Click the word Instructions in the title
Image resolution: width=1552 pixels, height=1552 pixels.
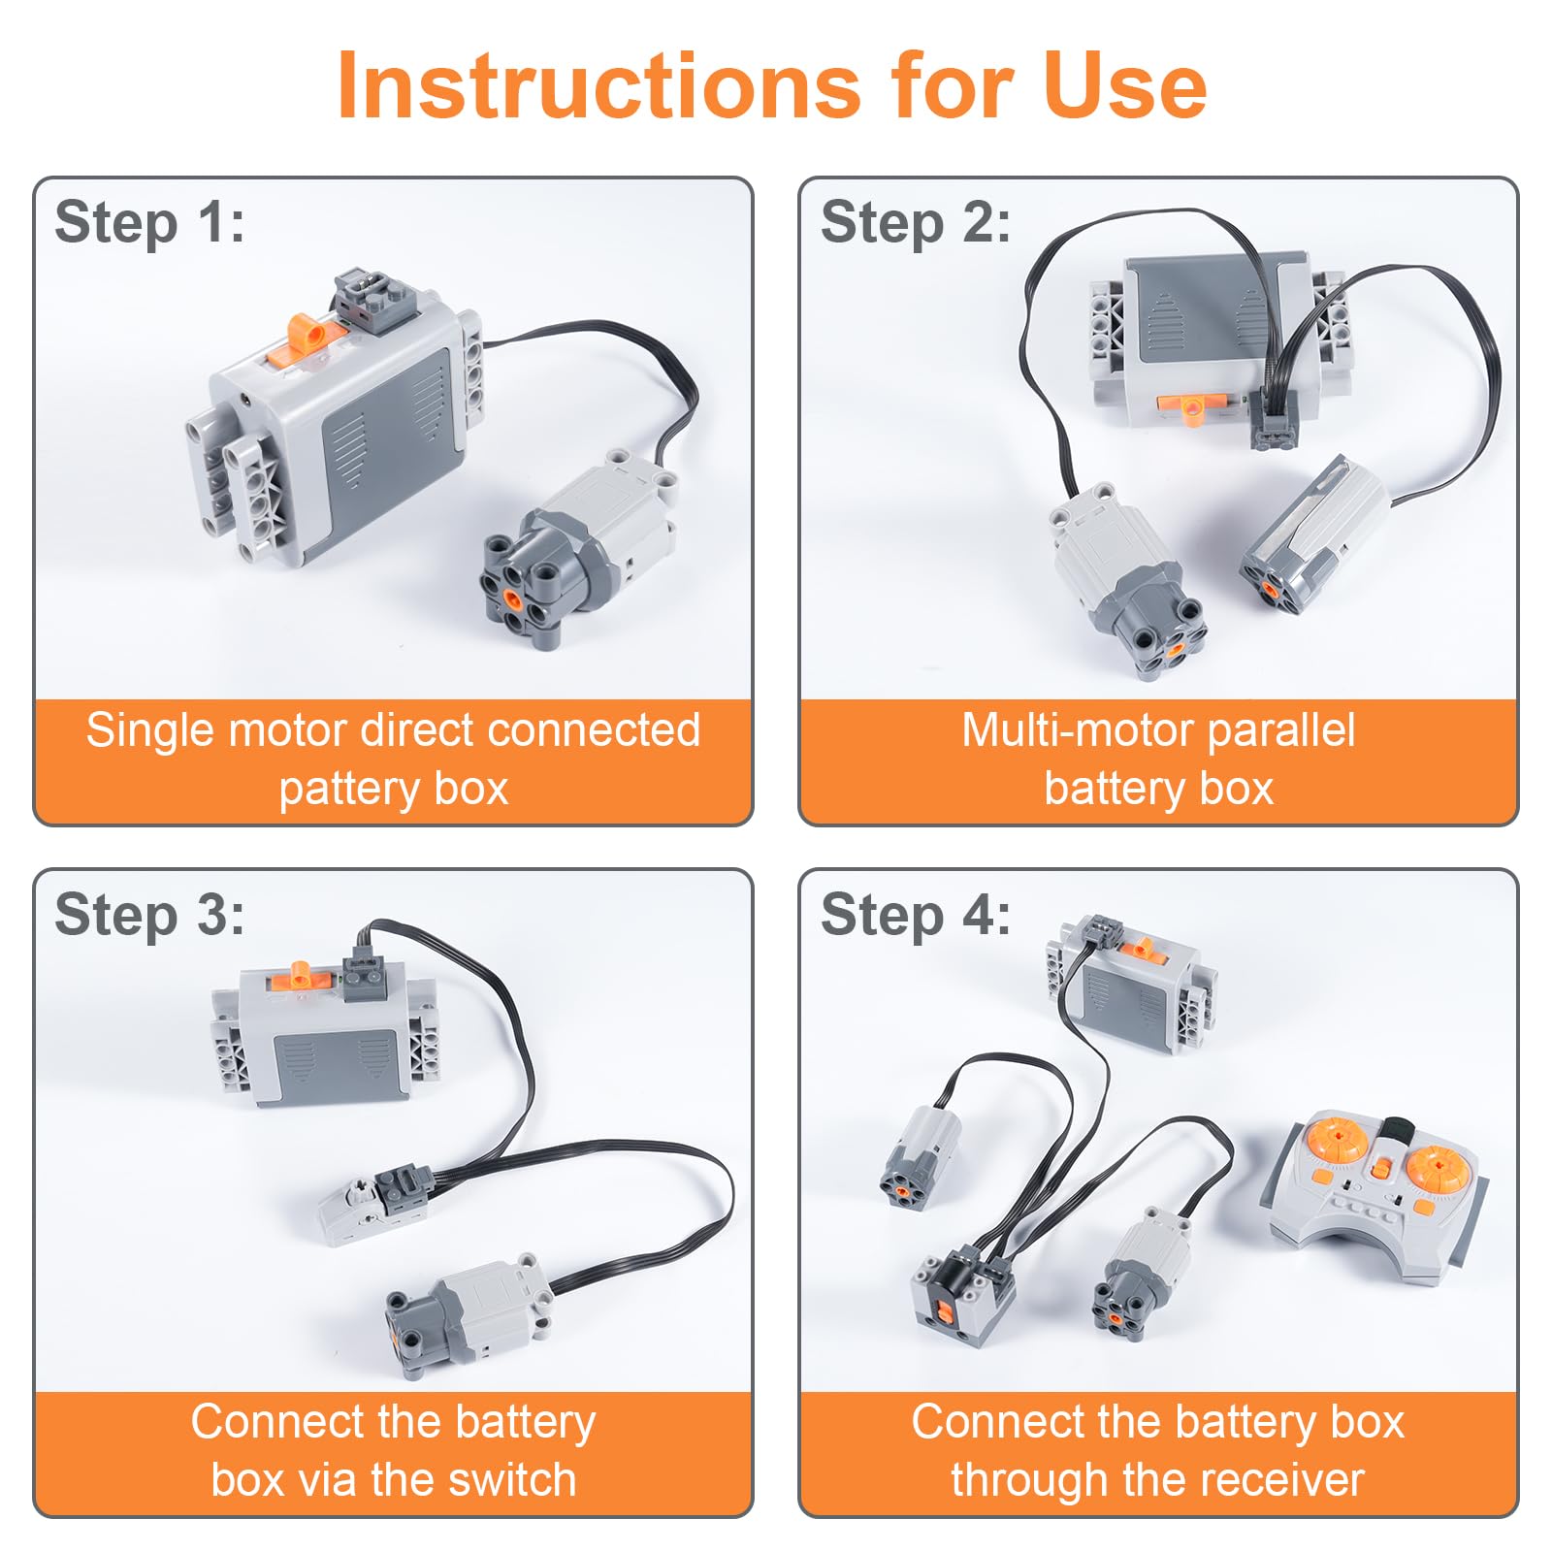click(x=598, y=85)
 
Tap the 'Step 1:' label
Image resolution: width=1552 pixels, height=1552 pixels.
click(x=149, y=222)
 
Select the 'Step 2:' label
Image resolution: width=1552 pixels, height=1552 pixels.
click(x=915, y=222)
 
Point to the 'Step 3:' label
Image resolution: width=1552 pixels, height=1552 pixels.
click(x=149, y=915)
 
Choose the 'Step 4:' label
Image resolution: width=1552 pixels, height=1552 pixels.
click(x=915, y=915)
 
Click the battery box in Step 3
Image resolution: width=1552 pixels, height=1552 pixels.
click(x=324, y=1030)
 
